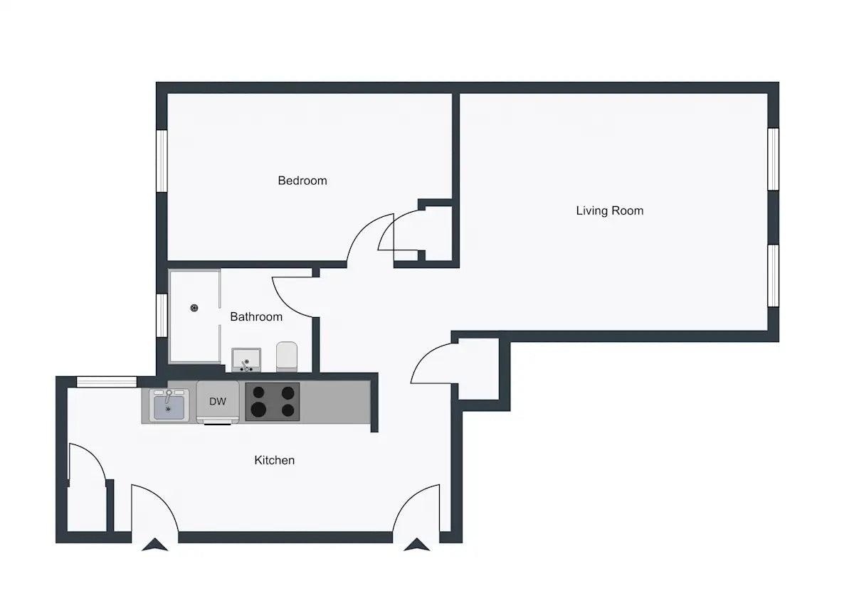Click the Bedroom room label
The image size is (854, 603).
click(302, 181)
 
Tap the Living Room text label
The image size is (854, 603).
click(609, 210)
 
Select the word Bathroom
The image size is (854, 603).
click(256, 316)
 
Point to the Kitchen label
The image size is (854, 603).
click(274, 460)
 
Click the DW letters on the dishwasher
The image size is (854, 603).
click(218, 402)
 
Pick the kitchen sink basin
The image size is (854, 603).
click(169, 407)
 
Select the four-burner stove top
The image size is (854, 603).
click(272, 402)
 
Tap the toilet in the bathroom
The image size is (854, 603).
click(286, 356)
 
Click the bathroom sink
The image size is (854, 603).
click(246, 360)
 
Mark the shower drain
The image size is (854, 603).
click(194, 308)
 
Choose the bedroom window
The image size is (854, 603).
click(162, 161)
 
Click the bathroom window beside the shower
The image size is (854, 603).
click(162, 315)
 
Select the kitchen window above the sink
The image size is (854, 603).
click(107, 382)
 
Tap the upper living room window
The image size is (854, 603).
click(773, 159)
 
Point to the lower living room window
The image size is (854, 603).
click(773, 275)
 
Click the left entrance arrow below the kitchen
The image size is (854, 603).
click(155, 545)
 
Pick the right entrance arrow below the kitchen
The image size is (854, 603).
click(417, 545)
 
